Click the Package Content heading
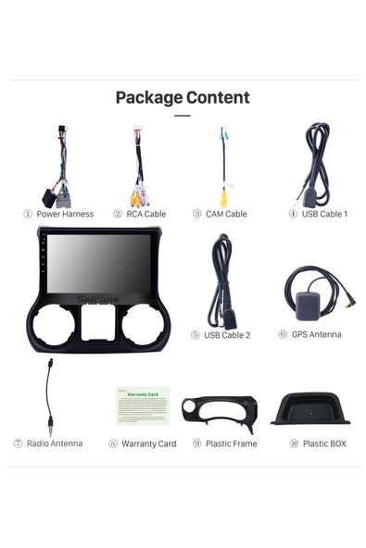pyautogui.click(x=182, y=97)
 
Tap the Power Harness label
pyautogui.click(x=65, y=214)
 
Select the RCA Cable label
pyautogui.click(x=145, y=214)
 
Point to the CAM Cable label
pyautogui.click(x=225, y=214)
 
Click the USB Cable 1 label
pyautogui.click(x=324, y=214)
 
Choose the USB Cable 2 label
pyautogui.click(x=226, y=334)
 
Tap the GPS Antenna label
pyautogui.click(x=316, y=334)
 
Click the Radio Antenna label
pyautogui.click(x=54, y=443)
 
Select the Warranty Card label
pyautogui.click(x=148, y=443)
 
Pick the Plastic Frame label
pyautogui.click(x=231, y=443)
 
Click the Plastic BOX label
pyautogui.click(x=323, y=443)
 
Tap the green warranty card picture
pyautogui.click(x=143, y=405)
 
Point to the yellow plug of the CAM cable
pyautogui.click(x=223, y=197)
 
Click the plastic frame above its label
pyautogui.click(x=219, y=409)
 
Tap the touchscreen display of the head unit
pyautogui.click(x=97, y=267)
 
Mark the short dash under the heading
pyautogui.click(x=182, y=116)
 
